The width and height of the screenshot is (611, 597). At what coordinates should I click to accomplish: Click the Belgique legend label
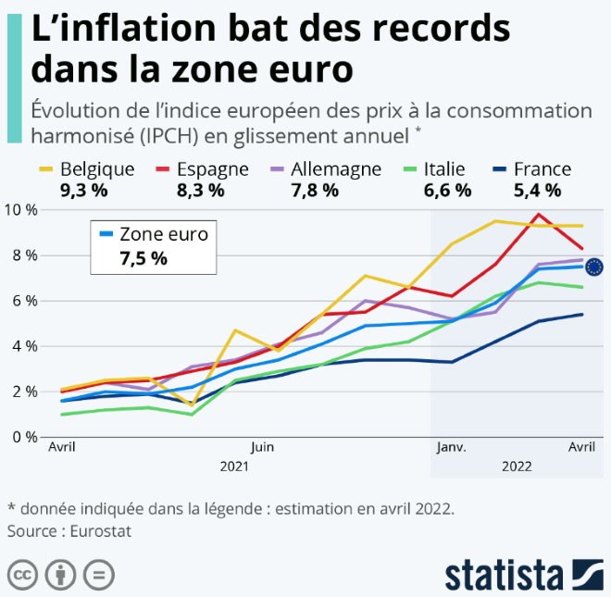coord(97,169)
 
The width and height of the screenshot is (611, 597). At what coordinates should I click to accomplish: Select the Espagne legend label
coord(212,169)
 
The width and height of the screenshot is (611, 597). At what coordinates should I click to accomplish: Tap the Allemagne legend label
coord(336,169)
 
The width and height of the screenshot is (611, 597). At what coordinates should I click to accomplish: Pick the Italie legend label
coord(444,169)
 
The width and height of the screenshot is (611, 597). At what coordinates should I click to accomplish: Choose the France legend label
coord(542,169)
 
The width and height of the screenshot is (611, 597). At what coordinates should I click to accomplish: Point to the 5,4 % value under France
coord(536,191)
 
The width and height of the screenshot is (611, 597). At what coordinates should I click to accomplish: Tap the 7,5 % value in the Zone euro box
coord(143,258)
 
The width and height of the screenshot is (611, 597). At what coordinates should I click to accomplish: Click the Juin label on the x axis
coord(261,446)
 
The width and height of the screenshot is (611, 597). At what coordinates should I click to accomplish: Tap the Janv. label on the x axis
coord(451,446)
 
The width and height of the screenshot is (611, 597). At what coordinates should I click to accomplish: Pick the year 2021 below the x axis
coord(234,467)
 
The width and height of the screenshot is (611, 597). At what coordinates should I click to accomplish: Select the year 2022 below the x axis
coord(517,467)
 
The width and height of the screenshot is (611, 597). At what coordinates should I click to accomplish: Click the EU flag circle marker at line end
coord(594,267)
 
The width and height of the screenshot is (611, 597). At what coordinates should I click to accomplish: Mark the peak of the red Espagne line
coord(538,215)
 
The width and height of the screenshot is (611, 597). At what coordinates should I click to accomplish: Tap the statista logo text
coord(505,574)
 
